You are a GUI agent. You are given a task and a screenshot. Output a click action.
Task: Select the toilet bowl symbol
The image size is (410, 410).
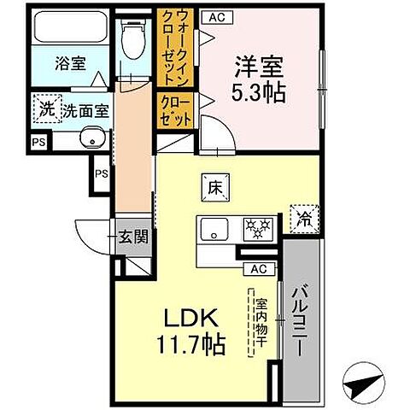(x=133, y=38)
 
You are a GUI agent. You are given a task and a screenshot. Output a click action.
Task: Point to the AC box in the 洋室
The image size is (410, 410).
(x=217, y=17)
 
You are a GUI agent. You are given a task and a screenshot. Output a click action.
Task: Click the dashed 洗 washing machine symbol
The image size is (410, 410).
(x=46, y=108)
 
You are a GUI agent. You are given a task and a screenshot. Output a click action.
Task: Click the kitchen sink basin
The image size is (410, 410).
(x=214, y=228)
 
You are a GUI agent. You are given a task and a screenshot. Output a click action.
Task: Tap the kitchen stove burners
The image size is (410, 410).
(x=257, y=227)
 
